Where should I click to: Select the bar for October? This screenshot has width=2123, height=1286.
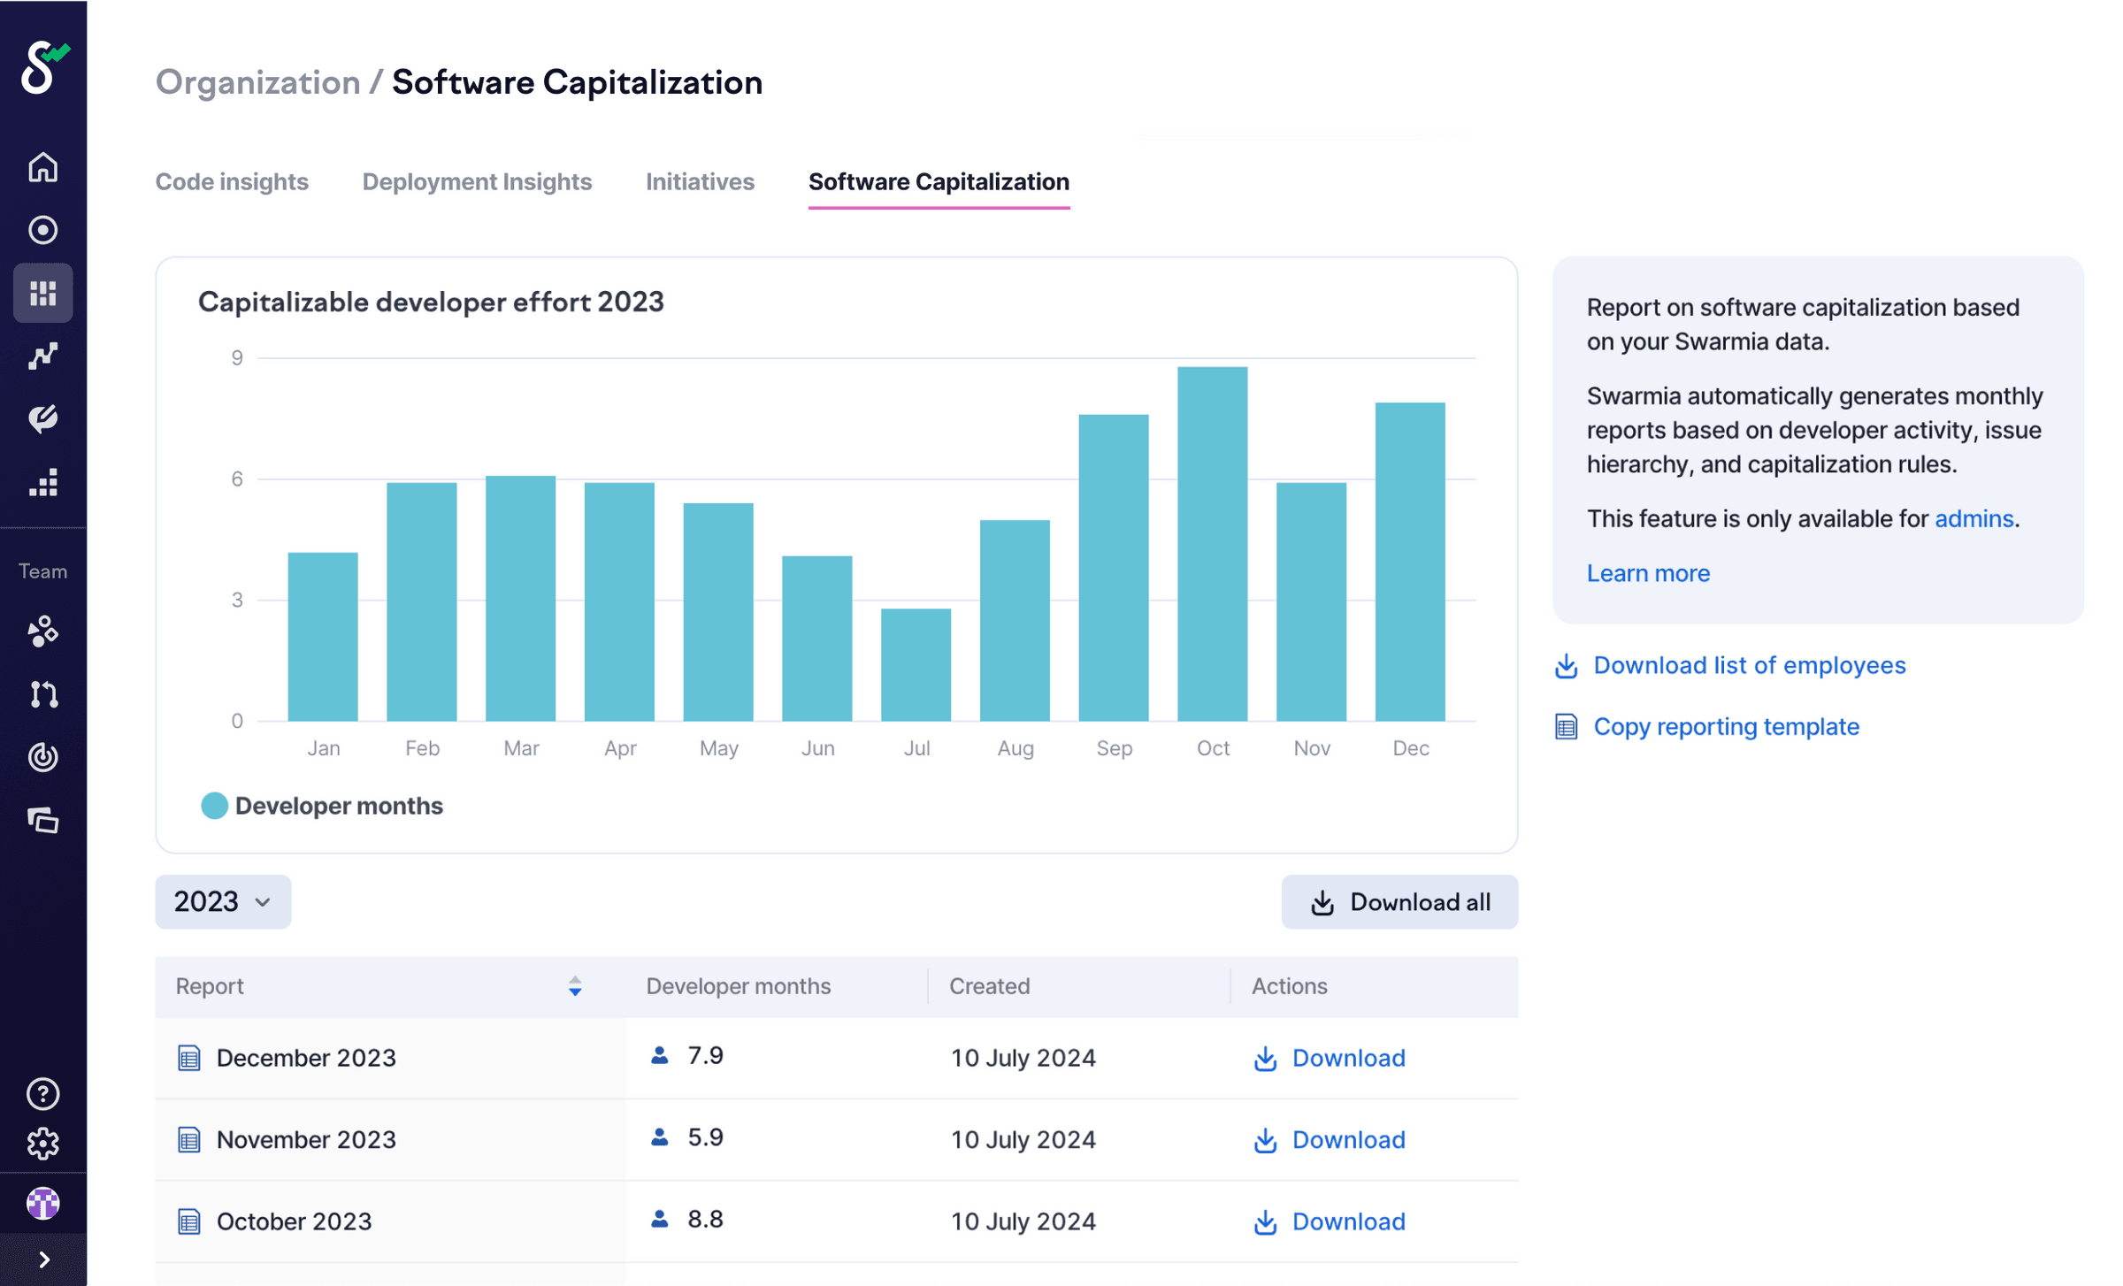(1212, 543)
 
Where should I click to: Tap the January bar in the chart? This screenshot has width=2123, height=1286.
(323, 636)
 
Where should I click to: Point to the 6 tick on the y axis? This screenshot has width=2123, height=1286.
(236, 478)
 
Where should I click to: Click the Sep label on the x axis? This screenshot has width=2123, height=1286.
(1114, 748)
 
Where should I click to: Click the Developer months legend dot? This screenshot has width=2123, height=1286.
(214, 806)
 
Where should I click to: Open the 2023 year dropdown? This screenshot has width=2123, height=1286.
(223, 901)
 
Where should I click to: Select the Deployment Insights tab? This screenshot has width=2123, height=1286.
(477, 181)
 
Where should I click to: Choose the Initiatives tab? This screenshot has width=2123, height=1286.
(700, 181)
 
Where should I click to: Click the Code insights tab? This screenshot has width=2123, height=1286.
(232, 181)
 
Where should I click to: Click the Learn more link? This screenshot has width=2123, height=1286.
(1647, 573)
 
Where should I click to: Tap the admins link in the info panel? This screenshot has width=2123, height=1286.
(1973, 518)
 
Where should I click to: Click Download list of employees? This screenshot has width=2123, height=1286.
(1748, 665)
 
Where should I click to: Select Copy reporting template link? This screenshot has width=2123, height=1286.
(1725, 726)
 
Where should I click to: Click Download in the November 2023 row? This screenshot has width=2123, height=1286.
(1346, 1139)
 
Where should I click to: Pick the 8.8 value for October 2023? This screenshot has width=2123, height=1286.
(705, 1219)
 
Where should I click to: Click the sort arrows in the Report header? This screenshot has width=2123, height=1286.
(575, 986)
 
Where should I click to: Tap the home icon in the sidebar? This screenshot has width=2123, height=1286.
(42, 167)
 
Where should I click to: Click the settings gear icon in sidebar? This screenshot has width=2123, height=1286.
(42, 1144)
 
